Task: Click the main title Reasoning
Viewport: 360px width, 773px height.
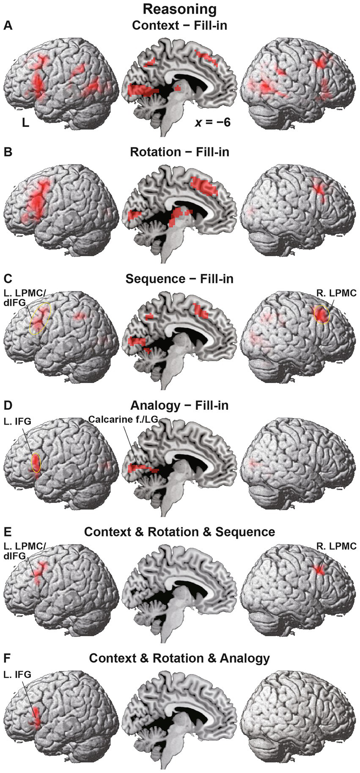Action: (x=180, y=9)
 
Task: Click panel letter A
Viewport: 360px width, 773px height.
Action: (x=8, y=26)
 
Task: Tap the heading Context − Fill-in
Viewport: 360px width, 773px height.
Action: (x=179, y=25)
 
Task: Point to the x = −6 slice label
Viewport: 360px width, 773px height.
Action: (x=212, y=123)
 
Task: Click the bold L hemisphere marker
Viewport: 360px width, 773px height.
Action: (x=26, y=124)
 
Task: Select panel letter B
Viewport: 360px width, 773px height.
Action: (x=8, y=152)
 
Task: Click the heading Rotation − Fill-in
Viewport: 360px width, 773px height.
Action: (x=179, y=152)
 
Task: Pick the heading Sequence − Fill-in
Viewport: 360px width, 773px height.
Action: (x=179, y=279)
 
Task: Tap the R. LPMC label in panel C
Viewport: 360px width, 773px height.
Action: (x=336, y=292)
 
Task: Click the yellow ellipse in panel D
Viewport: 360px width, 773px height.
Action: (x=36, y=463)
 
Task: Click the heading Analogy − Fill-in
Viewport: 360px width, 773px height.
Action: (x=179, y=405)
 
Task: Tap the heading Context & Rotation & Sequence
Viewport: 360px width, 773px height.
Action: (x=179, y=532)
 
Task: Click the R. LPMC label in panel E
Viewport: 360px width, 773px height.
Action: (x=336, y=546)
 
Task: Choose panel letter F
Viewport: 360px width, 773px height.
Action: (x=7, y=658)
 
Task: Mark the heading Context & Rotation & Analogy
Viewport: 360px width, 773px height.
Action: (x=179, y=658)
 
